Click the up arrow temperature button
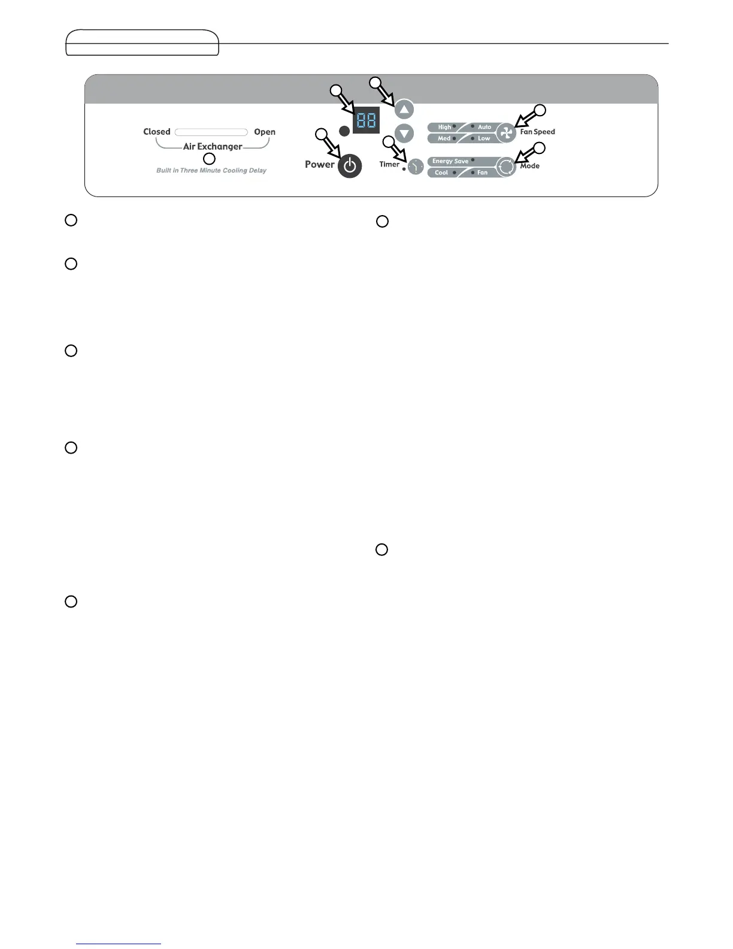pos(405,110)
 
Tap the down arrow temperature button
pos(405,134)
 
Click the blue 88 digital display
pos(365,120)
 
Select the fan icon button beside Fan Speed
pos(506,133)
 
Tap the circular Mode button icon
pos(506,167)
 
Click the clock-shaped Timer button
pos(416,167)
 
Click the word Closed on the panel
pos(157,132)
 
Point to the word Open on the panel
pos(265,132)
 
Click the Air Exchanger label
pos(213,146)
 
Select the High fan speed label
pos(444,127)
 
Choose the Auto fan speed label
pos(484,127)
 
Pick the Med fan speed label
pos(444,138)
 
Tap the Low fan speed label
pos(484,138)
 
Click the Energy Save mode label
pos(450,161)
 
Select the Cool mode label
pos(441,173)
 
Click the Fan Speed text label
pos(537,132)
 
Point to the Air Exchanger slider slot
pos(211,132)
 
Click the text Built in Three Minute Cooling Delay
pos(211,171)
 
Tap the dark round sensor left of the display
pos(343,131)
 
